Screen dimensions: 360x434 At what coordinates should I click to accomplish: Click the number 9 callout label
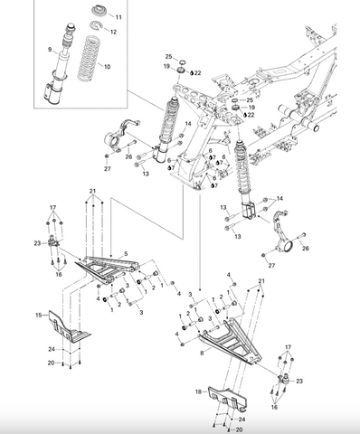50,50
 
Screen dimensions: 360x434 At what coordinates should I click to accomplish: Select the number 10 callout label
107,67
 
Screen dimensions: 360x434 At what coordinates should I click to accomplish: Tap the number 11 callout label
118,17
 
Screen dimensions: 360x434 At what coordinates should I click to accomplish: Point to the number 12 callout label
113,32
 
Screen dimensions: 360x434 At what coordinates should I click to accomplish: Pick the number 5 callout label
126,254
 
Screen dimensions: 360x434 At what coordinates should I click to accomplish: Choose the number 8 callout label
202,351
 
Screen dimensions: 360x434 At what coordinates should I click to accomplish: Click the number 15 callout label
39,316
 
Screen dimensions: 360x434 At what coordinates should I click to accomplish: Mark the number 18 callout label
198,392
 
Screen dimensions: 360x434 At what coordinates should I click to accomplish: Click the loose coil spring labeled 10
89,58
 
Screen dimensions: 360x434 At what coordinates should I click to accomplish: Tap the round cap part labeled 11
99,11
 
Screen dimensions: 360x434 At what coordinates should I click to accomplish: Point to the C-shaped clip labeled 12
96,25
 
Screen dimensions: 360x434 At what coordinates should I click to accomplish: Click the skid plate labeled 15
70,326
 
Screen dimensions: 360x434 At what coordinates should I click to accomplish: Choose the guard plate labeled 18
228,398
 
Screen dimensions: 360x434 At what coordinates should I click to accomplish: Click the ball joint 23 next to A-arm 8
284,378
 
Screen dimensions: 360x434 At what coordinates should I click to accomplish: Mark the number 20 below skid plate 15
51,363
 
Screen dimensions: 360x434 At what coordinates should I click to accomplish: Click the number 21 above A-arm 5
92,191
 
